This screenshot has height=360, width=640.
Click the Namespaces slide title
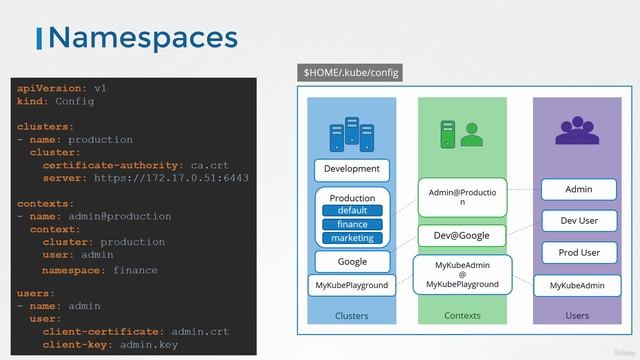142,38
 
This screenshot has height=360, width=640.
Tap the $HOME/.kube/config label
353,73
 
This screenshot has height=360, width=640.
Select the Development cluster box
352,169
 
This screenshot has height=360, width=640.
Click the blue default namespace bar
352,211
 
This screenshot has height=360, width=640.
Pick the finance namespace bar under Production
352,225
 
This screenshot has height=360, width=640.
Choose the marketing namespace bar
352,238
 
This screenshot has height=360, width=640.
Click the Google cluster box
352,262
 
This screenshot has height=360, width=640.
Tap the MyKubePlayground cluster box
352,286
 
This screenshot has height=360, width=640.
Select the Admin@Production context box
462,196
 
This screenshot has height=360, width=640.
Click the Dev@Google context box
462,236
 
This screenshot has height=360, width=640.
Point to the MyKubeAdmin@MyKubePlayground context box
462,276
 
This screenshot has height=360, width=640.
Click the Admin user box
578,189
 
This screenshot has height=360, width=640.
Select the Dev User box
578,220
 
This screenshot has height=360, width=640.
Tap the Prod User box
578,253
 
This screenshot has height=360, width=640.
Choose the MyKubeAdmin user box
578,286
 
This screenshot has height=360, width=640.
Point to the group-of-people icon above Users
577,129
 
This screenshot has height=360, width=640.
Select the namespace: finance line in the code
100,270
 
